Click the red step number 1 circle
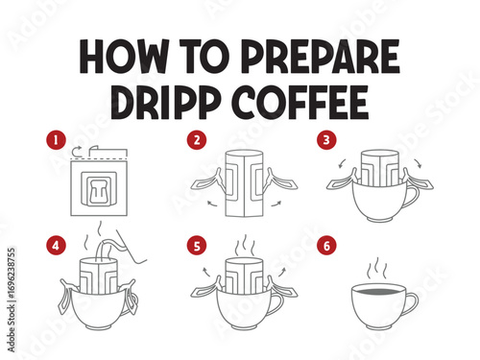[x=56, y=140]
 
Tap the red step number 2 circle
[x=197, y=140]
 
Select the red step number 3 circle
[x=326, y=140]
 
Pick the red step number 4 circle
[x=56, y=246]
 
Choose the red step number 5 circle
[x=197, y=246]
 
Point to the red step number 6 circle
[x=326, y=246]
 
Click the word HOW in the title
[x=124, y=57]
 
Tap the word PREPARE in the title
[x=320, y=57]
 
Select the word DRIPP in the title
[x=166, y=103]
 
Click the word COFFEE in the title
[x=300, y=103]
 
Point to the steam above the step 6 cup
[x=376, y=269]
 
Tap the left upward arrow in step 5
[x=206, y=272]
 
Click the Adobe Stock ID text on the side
[x=12, y=300]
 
